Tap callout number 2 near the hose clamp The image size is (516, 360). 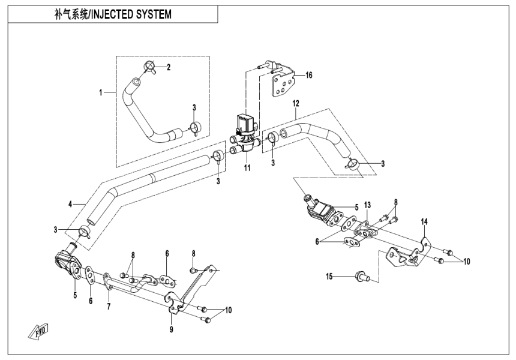(169, 67)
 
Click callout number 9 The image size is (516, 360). (171, 329)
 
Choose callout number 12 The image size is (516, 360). (295, 103)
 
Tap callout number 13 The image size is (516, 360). (367, 205)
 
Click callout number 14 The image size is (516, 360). (424, 222)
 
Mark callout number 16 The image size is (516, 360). (309, 76)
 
